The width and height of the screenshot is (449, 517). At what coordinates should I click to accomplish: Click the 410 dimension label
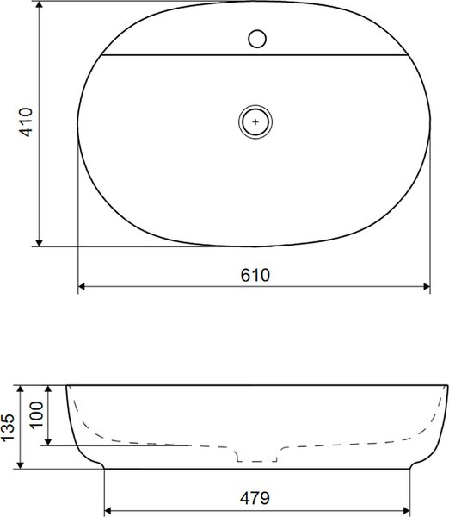(26, 122)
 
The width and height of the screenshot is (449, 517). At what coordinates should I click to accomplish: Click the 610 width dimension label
(255, 275)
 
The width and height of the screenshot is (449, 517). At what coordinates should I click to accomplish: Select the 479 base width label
(255, 498)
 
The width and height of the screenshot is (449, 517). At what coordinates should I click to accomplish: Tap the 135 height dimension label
(8, 427)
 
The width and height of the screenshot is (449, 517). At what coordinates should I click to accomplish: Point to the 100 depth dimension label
(36, 414)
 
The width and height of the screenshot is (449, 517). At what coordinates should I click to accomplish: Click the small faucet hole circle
(257, 39)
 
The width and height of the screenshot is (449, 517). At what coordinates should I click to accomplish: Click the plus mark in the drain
(255, 122)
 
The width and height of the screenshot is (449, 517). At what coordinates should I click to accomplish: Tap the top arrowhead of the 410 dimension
(40, 5)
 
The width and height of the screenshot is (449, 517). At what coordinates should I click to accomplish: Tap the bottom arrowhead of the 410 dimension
(40, 242)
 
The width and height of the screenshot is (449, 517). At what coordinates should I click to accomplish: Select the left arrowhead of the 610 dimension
(82, 287)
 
